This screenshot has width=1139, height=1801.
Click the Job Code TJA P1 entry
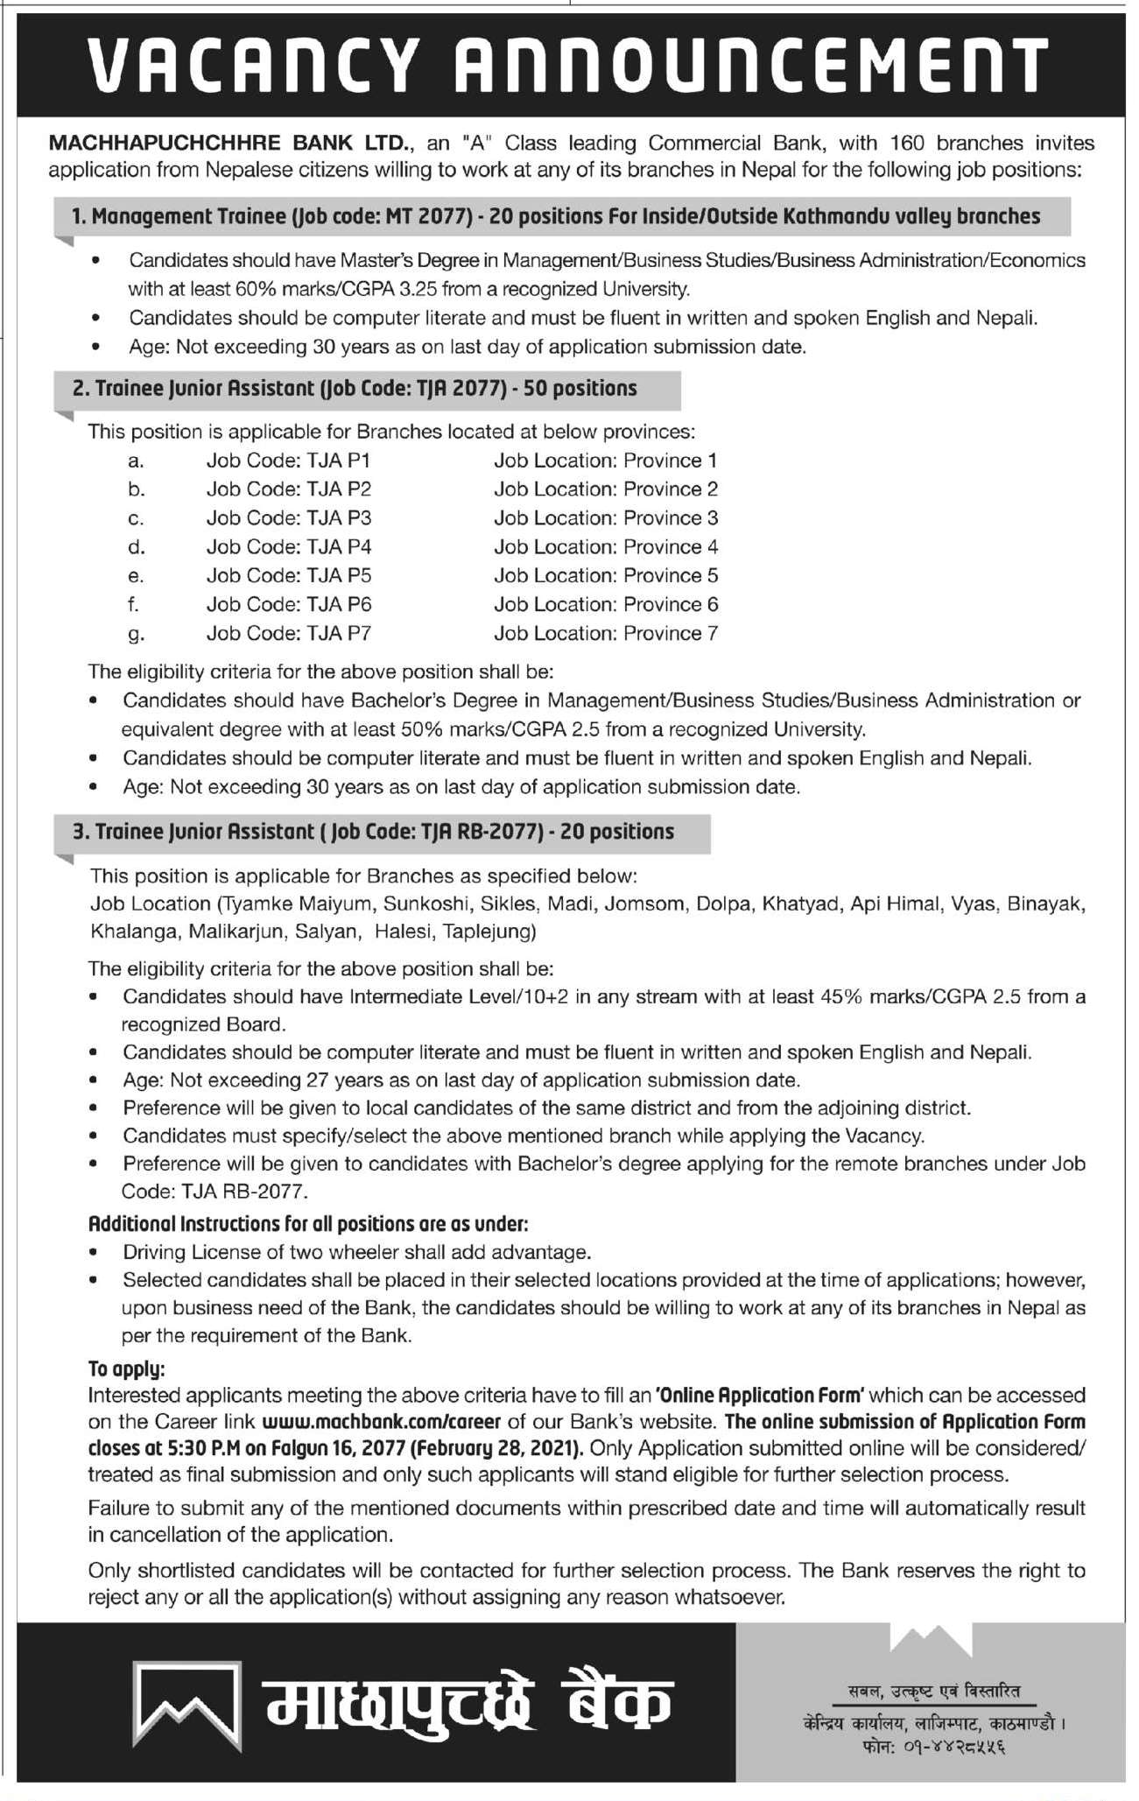coord(289,461)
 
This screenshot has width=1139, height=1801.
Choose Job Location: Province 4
coord(606,547)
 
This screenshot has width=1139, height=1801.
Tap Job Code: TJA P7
coord(289,633)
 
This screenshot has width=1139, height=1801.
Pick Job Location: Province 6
coord(606,604)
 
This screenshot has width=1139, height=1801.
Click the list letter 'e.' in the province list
coord(135,576)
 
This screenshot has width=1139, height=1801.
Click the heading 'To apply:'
coord(126,1368)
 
